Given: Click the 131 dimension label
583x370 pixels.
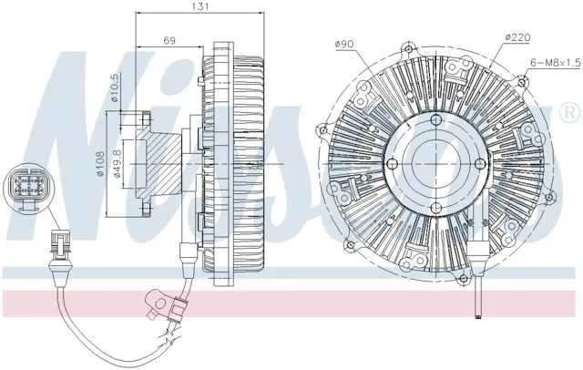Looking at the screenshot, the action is pyautogui.click(x=200, y=6).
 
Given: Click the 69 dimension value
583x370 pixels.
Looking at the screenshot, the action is pyautogui.click(x=169, y=40).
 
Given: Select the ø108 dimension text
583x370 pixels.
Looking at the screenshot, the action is pyautogui.click(x=99, y=164).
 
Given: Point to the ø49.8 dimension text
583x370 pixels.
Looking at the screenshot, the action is pyautogui.click(x=117, y=164).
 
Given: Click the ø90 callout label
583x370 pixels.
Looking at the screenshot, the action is pyautogui.click(x=344, y=45).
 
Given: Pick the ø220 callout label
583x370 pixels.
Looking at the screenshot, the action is pyautogui.click(x=517, y=37).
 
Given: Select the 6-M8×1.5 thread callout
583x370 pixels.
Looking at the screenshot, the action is pyautogui.click(x=555, y=63).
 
